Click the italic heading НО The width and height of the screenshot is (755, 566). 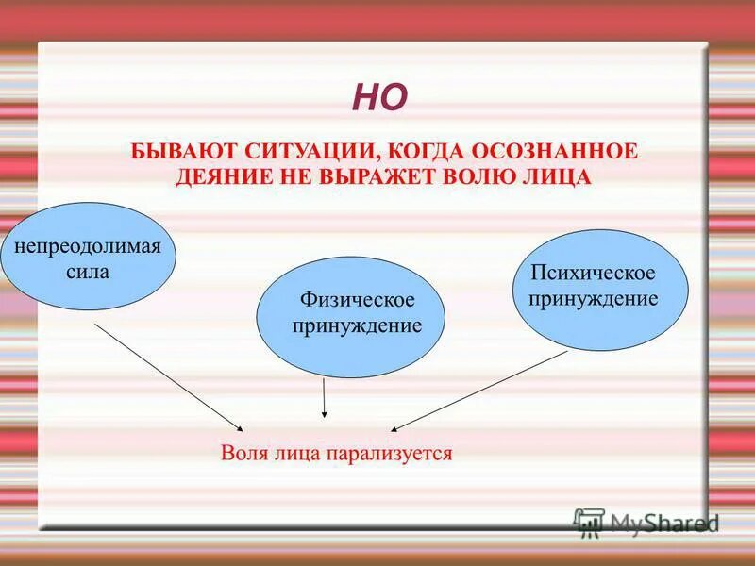(x=379, y=97)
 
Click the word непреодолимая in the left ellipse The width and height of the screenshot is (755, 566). (x=88, y=246)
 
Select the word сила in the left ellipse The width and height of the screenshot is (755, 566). (x=89, y=273)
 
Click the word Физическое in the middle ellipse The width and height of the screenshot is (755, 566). (x=357, y=299)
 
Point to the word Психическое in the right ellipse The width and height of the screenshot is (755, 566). (x=593, y=273)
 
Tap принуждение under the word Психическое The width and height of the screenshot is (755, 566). (x=593, y=298)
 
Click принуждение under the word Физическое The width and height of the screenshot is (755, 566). (x=357, y=325)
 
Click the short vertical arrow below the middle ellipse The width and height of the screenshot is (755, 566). (x=324, y=397)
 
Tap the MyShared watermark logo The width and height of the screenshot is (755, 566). (x=646, y=523)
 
